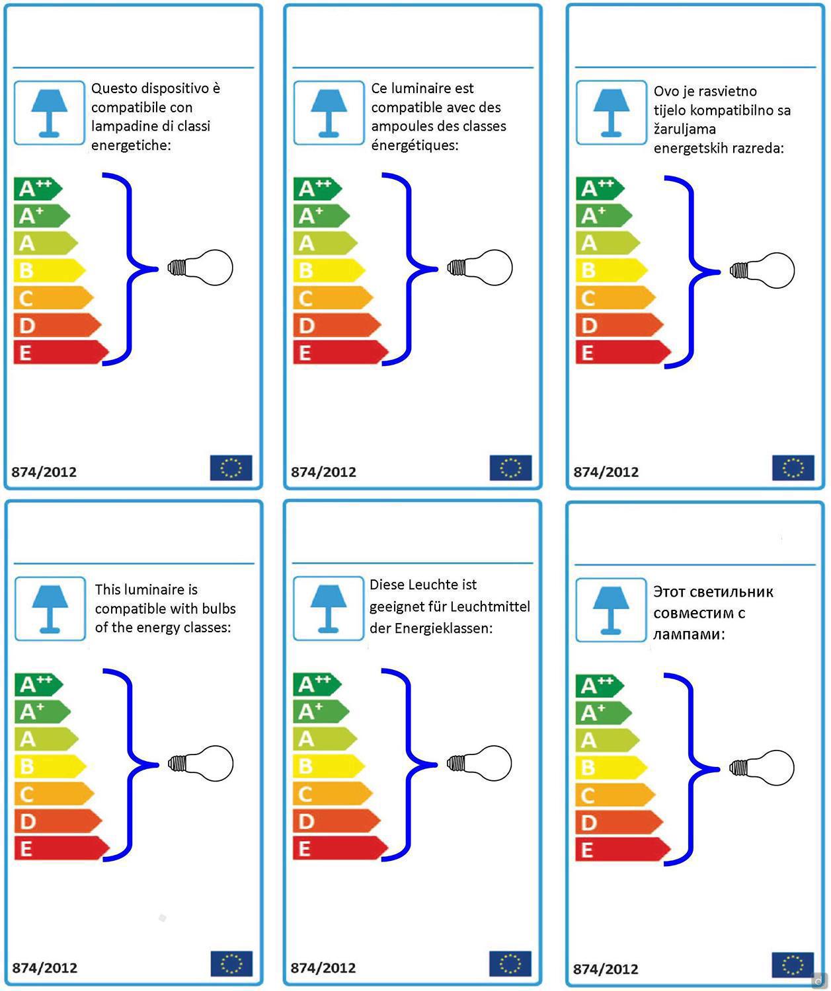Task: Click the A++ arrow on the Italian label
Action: point(38,189)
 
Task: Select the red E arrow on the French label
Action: point(340,353)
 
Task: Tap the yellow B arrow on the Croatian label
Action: point(612,270)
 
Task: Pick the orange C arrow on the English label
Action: point(54,793)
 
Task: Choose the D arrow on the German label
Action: point(336,821)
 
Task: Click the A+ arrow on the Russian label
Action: point(604,712)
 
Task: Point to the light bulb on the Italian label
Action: point(200,268)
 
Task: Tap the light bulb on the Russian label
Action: point(762,768)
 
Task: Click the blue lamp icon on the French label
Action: point(329,113)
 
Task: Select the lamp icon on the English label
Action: point(50,609)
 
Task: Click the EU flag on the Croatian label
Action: point(793,468)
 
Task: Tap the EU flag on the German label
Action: point(510,963)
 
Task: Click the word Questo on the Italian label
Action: point(114,89)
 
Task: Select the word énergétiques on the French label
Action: point(415,145)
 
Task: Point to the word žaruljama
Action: point(684,129)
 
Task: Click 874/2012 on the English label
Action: point(45,968)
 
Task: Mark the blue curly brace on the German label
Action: point(409,764)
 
